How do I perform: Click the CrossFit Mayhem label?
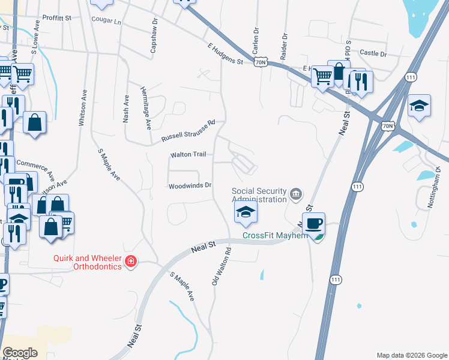click(x=275, y=235)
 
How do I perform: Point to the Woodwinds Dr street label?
click(x=190, y=185)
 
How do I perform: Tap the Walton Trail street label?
click(x=188, y=155)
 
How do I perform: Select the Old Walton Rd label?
click(x=221, y=264)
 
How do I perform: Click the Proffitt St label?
click(x=57, y=18)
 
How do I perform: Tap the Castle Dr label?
click(x=373, y=53)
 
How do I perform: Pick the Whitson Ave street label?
click(x=83, y=107)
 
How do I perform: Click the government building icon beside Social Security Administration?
click(x=296, y=194)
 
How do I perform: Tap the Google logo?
click(x=20, y=353)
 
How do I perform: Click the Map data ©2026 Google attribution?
click(x=411, y=355)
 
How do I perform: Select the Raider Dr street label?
click(x=285, y=44)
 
